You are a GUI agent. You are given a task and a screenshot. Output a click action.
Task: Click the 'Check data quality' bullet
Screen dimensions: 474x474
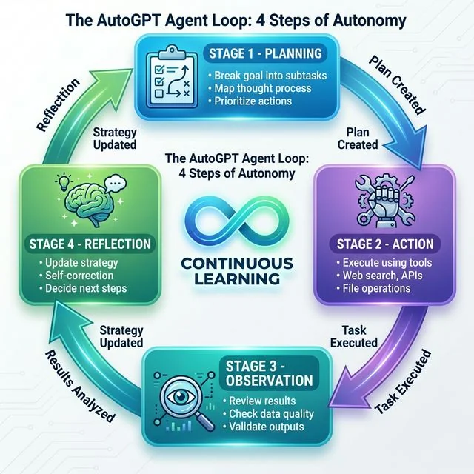click(x=272, y=413)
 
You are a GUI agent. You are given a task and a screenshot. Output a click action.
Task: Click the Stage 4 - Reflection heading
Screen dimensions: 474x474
click(x=90, y=243)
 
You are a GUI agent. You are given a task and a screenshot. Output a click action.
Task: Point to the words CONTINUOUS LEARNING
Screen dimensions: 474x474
click(x=237, y=272)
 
